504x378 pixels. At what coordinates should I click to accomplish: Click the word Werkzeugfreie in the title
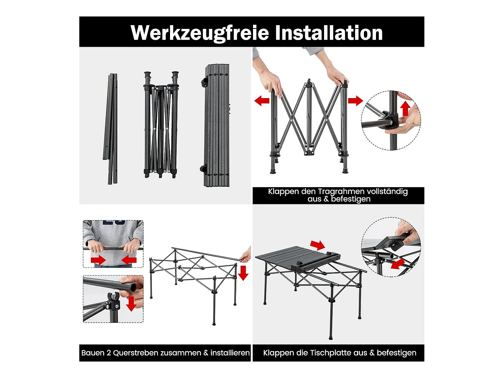click(x=200, y=33)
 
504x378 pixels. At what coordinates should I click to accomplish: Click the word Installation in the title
click(x=329, y=33)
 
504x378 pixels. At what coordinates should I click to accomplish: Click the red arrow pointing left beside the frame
click(x=262, y=100)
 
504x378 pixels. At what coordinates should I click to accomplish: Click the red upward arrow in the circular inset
click(x=405, y=108)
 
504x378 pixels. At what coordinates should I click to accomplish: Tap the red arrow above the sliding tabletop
click(x=318, y=245)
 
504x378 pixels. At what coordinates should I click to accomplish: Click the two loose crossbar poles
click(x=111, y=129)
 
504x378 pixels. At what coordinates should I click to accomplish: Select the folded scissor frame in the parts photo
click(x=161, y=125)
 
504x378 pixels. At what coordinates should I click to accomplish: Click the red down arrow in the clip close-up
click(x=131, y=304)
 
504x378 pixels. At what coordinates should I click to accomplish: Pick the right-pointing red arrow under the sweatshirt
click(x=98, y=260)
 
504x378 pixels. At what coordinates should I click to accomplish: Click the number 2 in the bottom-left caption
click(x=109, y=353)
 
